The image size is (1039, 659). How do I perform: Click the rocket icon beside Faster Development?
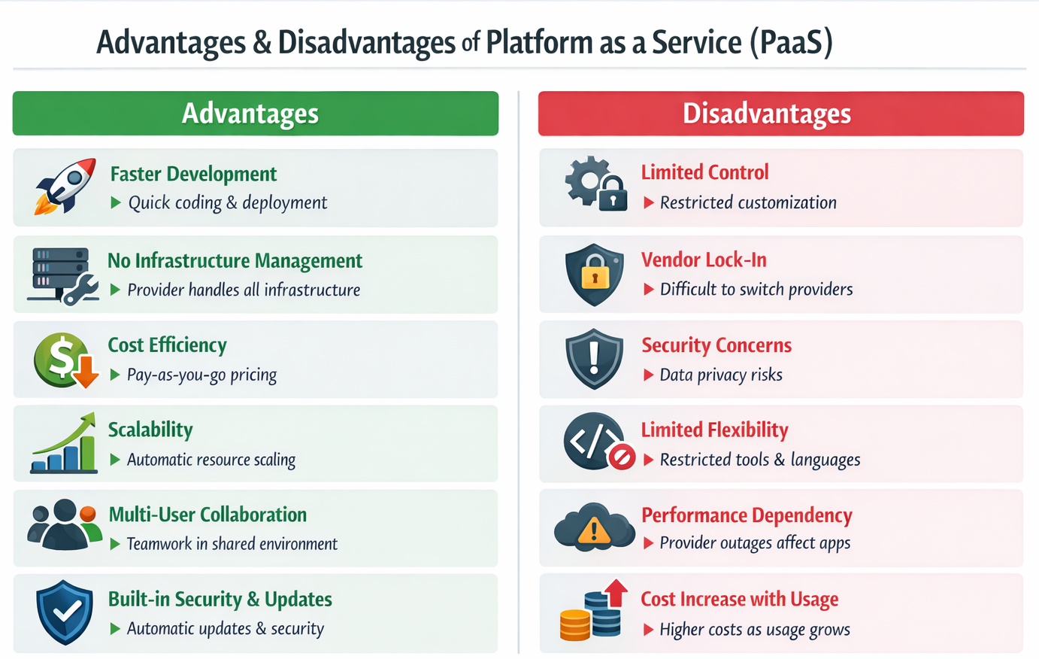[65, 186]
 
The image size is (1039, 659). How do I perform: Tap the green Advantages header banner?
[256, 114]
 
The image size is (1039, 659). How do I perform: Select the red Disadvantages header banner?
[780, 114]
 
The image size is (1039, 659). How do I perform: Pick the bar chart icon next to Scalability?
[64, 444]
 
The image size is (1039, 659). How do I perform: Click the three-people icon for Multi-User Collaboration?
[65, 524]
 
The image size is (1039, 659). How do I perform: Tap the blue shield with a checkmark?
[65, 612]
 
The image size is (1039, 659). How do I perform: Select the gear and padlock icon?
[595, 184]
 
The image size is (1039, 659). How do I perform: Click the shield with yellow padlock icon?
[595, 275]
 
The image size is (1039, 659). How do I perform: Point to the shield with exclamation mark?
[595, 359]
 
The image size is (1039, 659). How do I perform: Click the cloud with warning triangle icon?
[594, 527]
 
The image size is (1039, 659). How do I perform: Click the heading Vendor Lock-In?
[704, 260]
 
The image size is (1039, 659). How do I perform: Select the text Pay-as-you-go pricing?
[201, 375]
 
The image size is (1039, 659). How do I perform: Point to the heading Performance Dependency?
[747, 515]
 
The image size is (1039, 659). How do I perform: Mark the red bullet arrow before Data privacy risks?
[648, 375]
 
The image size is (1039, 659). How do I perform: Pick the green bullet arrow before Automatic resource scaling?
[115, 460]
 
